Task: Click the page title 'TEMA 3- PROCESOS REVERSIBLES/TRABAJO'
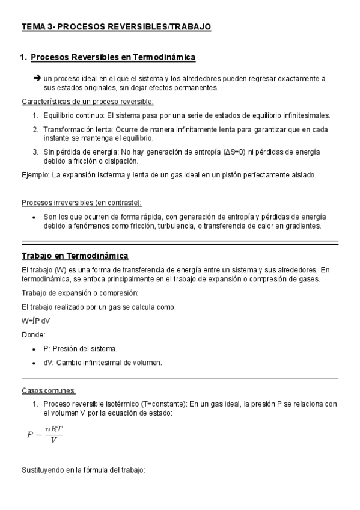pyautogui.click(x=117, y=27)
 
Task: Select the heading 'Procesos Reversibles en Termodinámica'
pyautogui.click(x=113, y=57)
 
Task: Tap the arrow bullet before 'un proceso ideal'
pyautogui.click(x=37, y=78)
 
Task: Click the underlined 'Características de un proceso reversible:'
pyautogui.click(x=88, y=101)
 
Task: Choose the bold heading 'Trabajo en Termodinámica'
pyautogui.click(x=70, y=256)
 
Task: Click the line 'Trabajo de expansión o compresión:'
pyautogui.click(x=80, y=293)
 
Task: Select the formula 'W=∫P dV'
pyautogui.click(x=36, y=321)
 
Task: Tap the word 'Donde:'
pyautogui.click(x=33, y=334)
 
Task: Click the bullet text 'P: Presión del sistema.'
pyautogui.click(x=81, y=349)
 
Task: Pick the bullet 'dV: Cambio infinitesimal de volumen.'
pyautogui.click(x=103, y=363)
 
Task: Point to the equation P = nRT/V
pyautogui.click(x=45, y=434)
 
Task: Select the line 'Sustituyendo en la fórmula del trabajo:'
pyautogui.click(x=84, y=469)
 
